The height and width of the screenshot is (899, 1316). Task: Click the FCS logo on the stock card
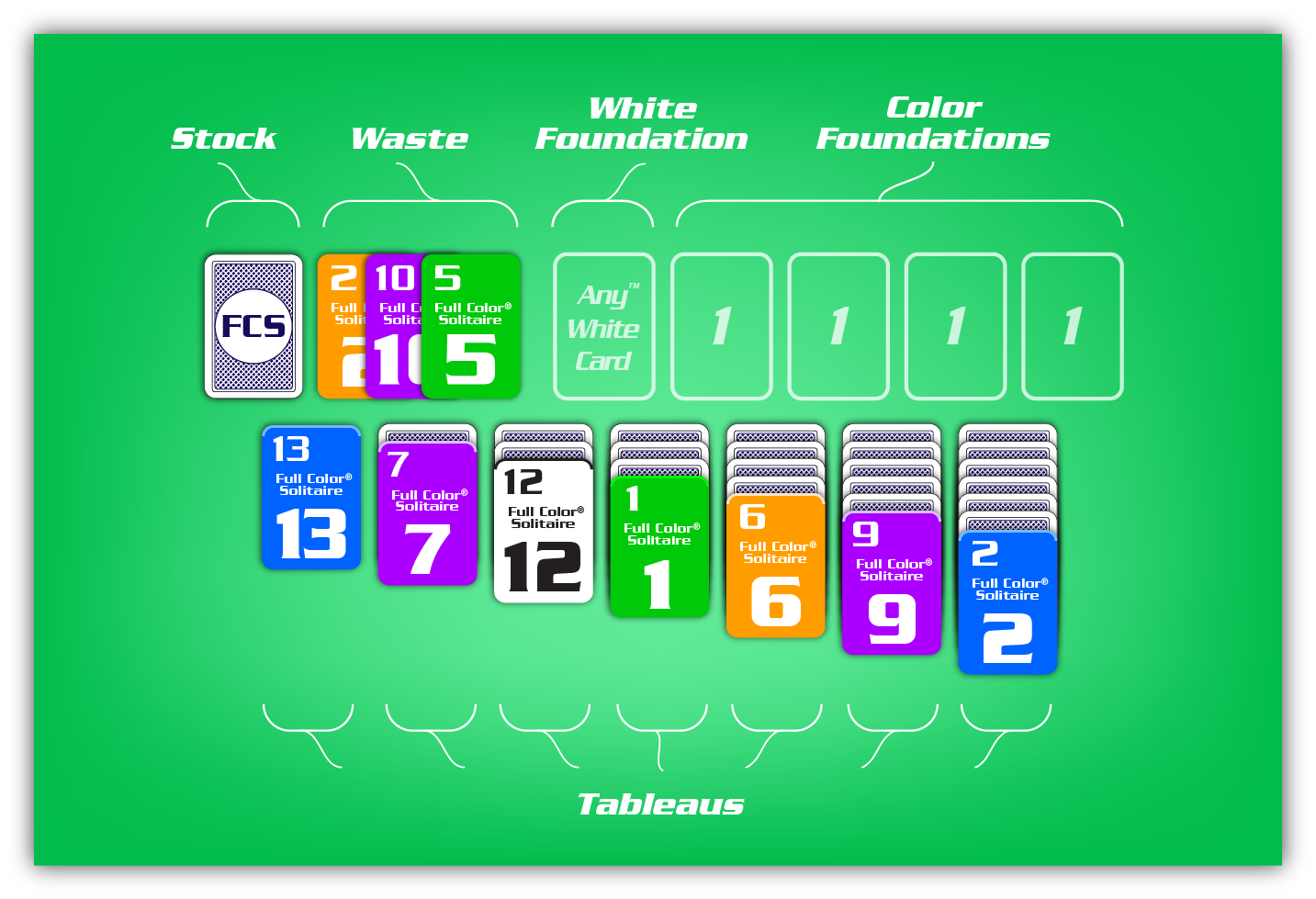(x=253, y=326)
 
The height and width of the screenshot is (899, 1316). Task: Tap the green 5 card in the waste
(x=470, y=326)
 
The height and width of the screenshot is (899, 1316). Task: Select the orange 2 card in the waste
(x=342, y=326)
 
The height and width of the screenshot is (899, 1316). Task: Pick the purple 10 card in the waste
(x=394, y=326)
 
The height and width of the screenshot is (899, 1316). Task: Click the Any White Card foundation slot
(x=604, y=327)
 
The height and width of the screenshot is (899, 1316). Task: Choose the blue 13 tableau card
(x=311, y=498)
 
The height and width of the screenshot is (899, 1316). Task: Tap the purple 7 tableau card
(x=427, y=514)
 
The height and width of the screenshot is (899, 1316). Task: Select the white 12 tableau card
(x=544, y=532)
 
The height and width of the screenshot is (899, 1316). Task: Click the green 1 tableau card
(x=659, y=547)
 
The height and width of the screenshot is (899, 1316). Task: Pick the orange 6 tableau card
(x=775, y=567)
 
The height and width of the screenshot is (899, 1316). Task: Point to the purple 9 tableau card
(x=891, y=584)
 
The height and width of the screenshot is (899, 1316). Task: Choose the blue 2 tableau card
(x=1007, y=603)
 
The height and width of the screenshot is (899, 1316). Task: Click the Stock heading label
(x=224, y=139)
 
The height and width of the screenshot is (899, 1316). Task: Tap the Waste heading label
(x=410, y=139)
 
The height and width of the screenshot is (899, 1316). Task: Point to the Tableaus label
(x=660, y=804)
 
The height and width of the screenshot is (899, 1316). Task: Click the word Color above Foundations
(x=934, y=107)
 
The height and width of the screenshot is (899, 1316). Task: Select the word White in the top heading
(x=643, y=108)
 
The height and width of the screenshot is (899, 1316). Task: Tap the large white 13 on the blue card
(x=311, y=534)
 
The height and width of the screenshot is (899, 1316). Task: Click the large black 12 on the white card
(x=543, y=567)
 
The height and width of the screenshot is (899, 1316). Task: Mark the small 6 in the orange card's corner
(x=752, y=516)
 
